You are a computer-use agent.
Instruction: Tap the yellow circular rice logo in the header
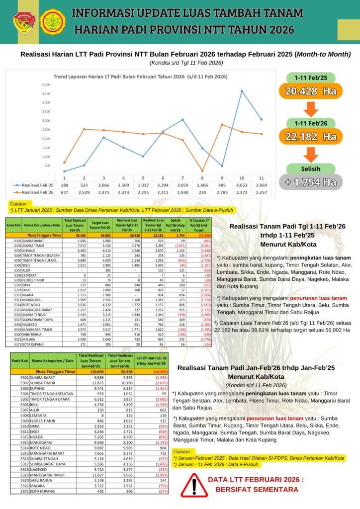pos(53,21)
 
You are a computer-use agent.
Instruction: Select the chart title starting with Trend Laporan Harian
pos(140,77)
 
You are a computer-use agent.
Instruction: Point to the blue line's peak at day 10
pos(242,91)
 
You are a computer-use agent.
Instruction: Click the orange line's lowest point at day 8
pos(202,171)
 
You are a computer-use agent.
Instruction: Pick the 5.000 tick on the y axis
pos(46,85)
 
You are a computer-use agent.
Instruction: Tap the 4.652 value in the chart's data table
pos(242,184)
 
